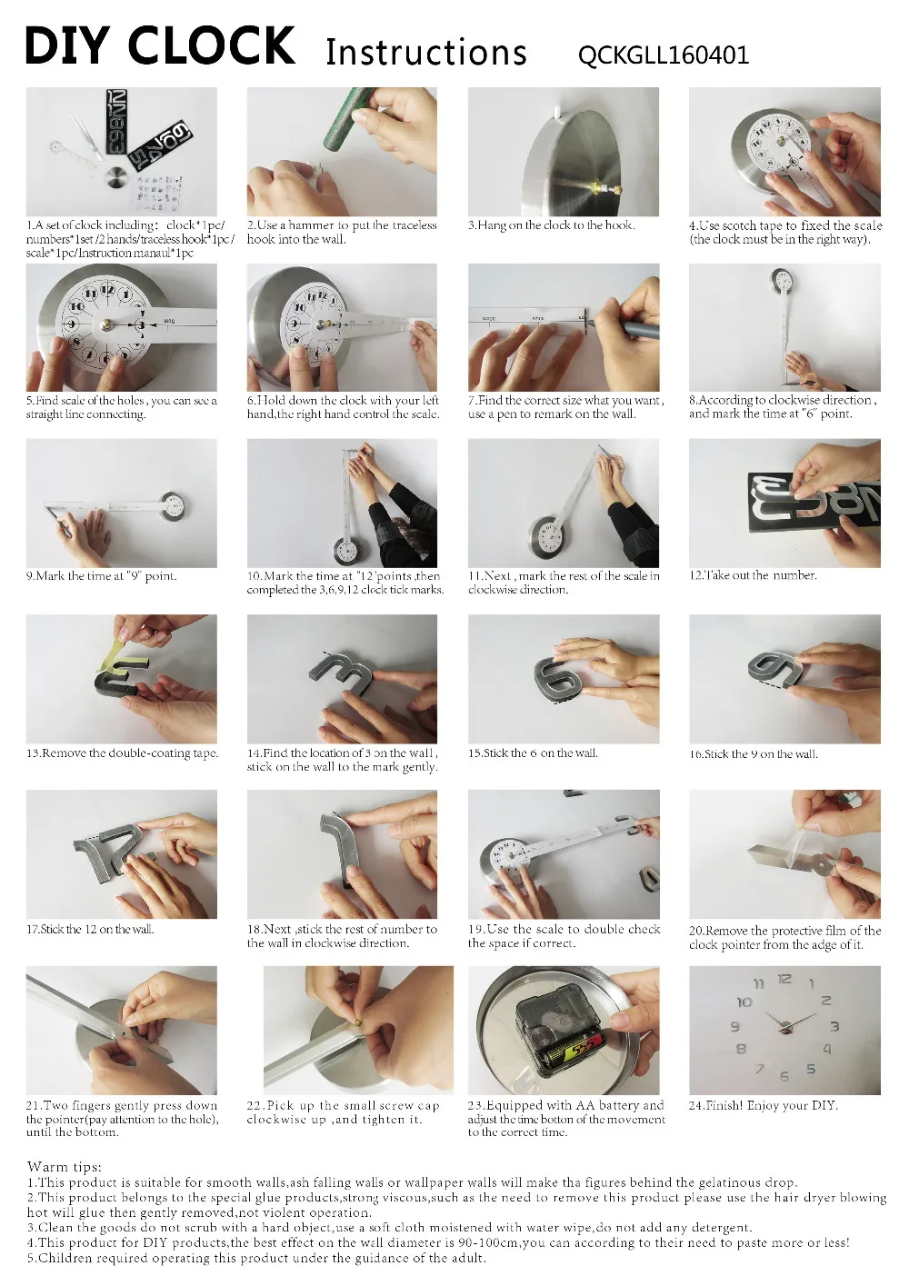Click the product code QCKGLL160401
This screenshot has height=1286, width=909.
tap(663, 55)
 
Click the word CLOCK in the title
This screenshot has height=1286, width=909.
tap(224, 46)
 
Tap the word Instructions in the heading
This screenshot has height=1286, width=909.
tap(425, 53)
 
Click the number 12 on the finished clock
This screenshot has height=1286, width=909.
tap(784, 979)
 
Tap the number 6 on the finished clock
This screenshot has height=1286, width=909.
tap(784, 1076)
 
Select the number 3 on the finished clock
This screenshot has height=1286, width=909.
tap(834, 1027)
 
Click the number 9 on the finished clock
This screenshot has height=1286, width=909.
tap(735, 1027)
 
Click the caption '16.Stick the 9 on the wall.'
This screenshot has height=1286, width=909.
tap(753, 753)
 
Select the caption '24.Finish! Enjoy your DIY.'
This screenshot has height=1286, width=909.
tap(763, 1105)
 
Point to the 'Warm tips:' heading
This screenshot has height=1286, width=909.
tap(65, 1167)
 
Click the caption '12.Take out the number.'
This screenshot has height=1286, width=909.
tap(753, 575)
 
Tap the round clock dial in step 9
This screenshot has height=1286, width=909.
tap(172, 505)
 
